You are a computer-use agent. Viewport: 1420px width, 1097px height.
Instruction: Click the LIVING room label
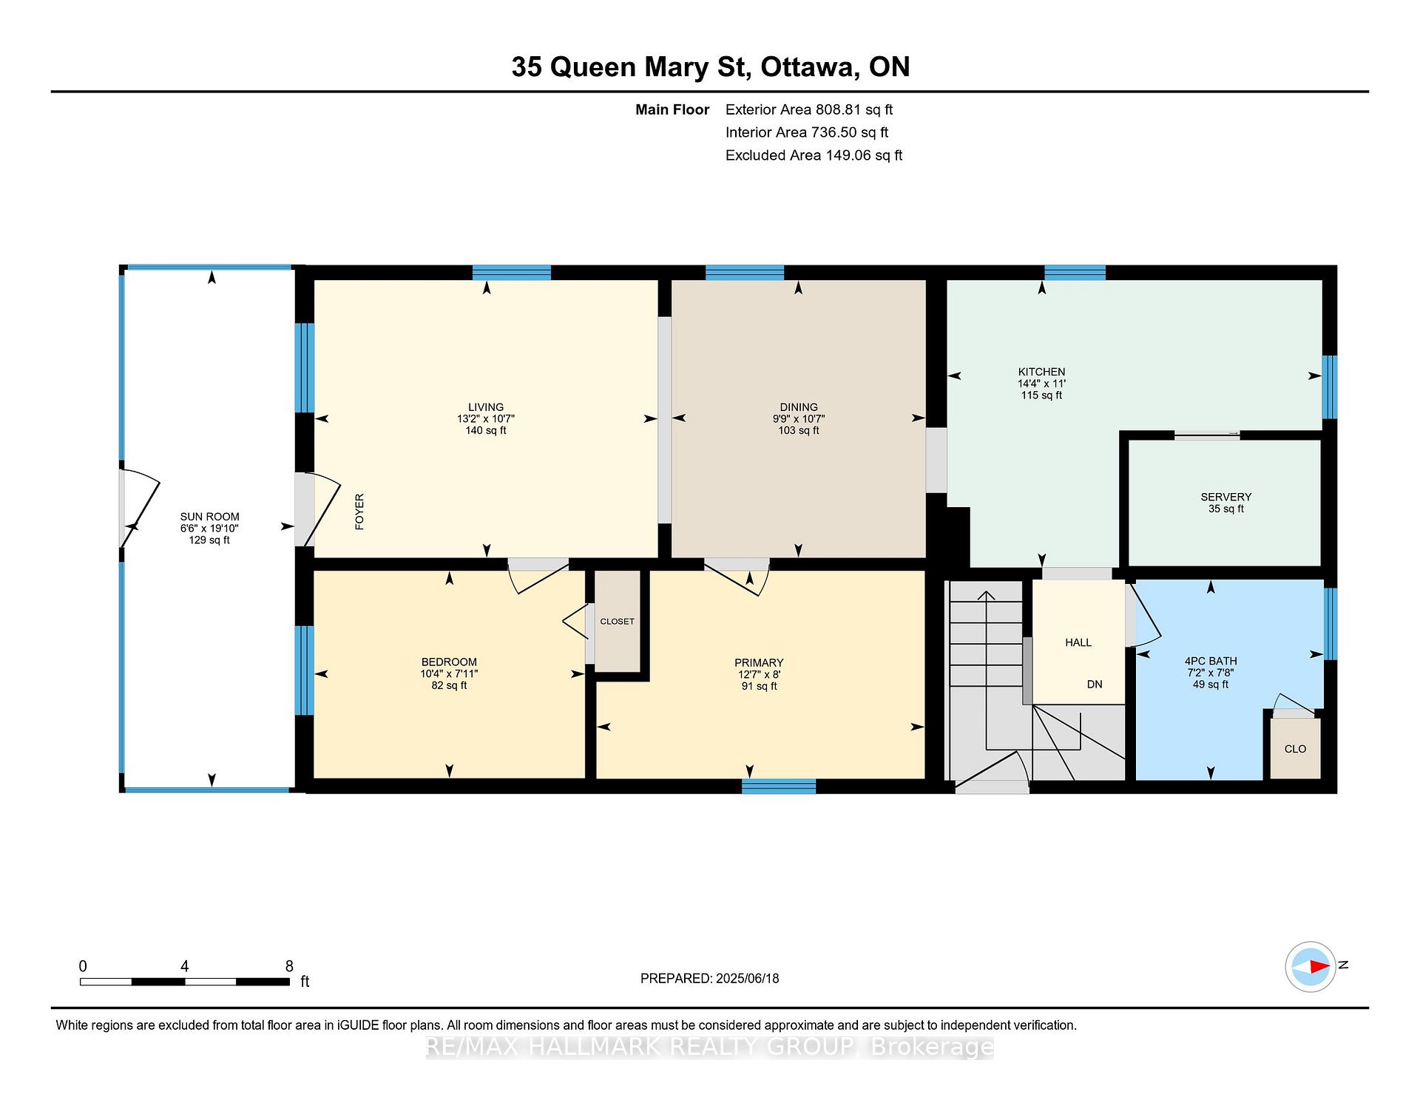486,407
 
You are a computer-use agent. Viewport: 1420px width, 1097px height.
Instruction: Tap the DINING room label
799,407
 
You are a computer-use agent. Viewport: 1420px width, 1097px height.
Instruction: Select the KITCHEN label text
1041,372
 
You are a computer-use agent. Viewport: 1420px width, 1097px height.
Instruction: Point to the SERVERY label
1226,497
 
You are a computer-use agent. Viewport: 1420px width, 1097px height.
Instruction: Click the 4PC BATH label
1211,661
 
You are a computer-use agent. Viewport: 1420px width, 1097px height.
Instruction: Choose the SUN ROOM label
209,517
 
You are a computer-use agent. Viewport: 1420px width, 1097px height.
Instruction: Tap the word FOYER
360,512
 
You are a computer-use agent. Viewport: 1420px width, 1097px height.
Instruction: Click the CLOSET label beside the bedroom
617,622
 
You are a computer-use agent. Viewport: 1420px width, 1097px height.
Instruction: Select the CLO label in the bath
1296,749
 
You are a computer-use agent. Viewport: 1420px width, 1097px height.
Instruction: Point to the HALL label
1078,642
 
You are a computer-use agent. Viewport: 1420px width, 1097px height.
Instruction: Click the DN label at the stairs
1095,685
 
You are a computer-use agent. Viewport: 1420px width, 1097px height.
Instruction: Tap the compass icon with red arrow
1311,966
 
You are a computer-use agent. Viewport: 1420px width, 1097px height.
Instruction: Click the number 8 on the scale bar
289,966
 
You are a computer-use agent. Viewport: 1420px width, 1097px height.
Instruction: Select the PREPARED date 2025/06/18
747,978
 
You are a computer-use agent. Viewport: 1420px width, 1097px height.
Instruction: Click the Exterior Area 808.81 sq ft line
809,109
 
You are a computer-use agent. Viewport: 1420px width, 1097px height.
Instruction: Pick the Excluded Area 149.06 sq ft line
814,155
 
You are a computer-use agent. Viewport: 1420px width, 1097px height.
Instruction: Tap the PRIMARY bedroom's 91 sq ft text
759,686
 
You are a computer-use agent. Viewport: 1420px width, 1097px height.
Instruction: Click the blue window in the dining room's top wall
745,272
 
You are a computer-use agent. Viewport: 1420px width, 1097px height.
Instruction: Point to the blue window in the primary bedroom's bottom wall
779,787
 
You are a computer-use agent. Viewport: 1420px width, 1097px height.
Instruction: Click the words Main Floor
672,109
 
